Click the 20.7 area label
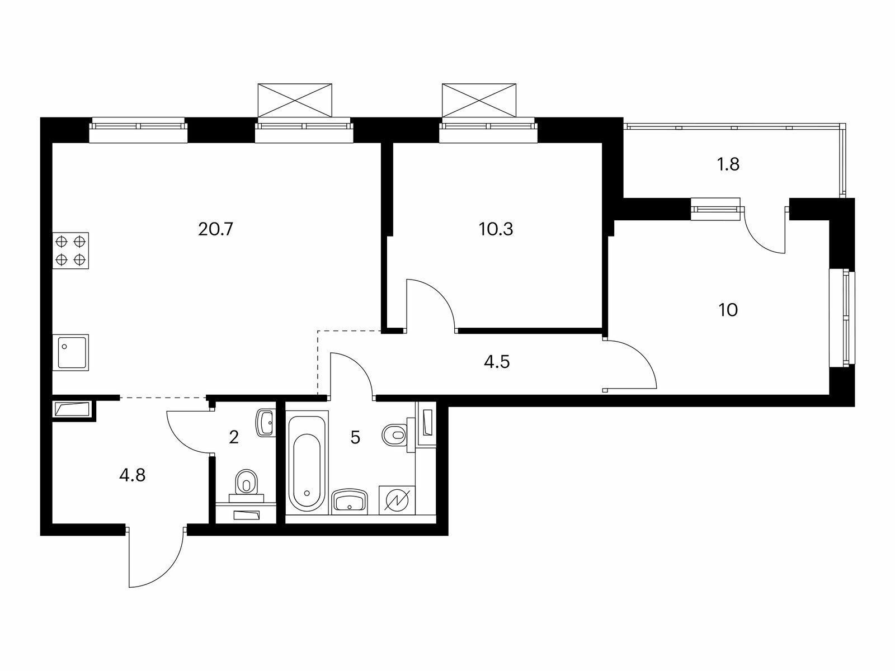[215, 230]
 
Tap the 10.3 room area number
[496, 230]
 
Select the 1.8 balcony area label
[728, 164]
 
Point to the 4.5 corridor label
[497, 362]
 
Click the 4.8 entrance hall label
[132, 475]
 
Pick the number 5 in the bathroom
[355, 438]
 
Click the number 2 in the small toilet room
[234, 438]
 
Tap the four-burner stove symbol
[70, 251]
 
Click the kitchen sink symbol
[70, 352]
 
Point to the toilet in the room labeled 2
[246, 485]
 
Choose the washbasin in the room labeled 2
[266, 423]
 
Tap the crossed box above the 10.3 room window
[479, 100]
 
